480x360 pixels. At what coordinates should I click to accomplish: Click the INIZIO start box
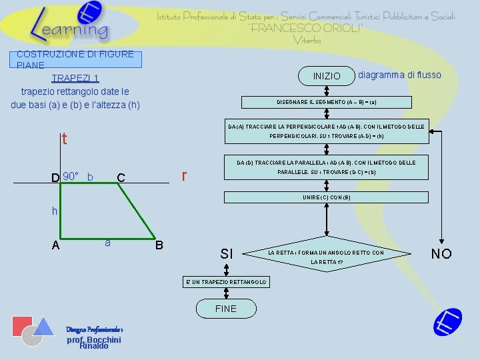tap(327, 76)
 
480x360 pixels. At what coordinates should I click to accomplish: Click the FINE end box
tap(225, 309)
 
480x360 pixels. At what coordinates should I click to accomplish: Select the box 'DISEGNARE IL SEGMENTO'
tap(326, 102)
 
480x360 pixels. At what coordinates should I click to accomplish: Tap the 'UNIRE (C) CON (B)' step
tap(326, 197)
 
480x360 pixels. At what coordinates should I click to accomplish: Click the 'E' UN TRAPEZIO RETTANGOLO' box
tap(226, 283)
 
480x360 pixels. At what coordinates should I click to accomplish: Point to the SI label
tap(227, 254)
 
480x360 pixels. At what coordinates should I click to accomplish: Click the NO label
tap(441, 253)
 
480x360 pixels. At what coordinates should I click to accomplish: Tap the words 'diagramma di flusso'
tap(399, 75)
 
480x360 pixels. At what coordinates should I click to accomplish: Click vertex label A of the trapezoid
tap(57, 245)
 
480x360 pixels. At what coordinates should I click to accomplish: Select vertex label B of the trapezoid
tap(159, 245)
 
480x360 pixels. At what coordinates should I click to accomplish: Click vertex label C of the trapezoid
tap(121, 177)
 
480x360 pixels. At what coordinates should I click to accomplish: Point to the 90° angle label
tap(70, 176)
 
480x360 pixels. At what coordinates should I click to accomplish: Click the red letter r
tap(185, 175)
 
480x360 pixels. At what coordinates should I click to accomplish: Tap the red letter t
tap(64, 139)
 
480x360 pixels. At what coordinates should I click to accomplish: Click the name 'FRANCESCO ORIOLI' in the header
tap(305, 28)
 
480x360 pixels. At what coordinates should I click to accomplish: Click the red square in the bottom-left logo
tap(22, 326)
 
